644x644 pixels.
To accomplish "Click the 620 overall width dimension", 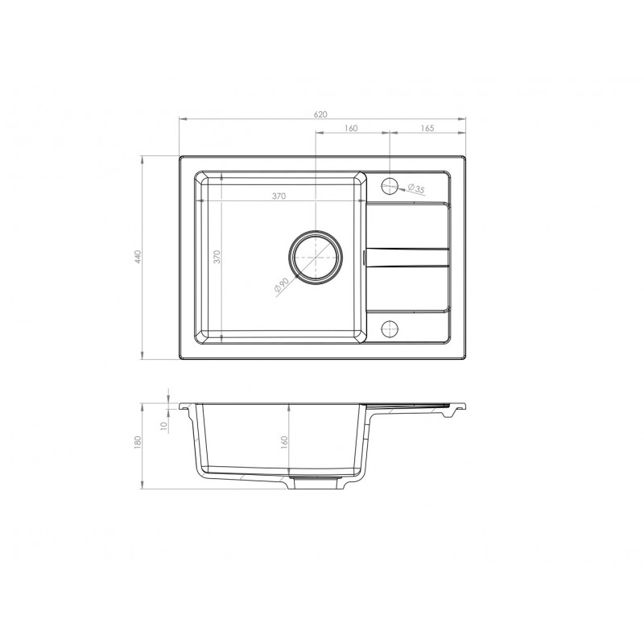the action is (320, 114).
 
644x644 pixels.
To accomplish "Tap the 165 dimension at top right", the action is (427, 128).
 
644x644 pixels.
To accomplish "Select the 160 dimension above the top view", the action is (351, 128).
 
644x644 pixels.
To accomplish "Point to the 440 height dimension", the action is (138, 257).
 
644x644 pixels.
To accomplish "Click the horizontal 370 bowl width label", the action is (279, 196).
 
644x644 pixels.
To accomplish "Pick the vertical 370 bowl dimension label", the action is (217, 257).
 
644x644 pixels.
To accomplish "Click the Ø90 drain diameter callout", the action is (282, 286).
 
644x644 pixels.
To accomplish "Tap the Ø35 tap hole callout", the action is (416, 189).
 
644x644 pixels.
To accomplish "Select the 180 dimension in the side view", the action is (138, 441).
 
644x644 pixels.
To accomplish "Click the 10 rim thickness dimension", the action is (164, 426).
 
